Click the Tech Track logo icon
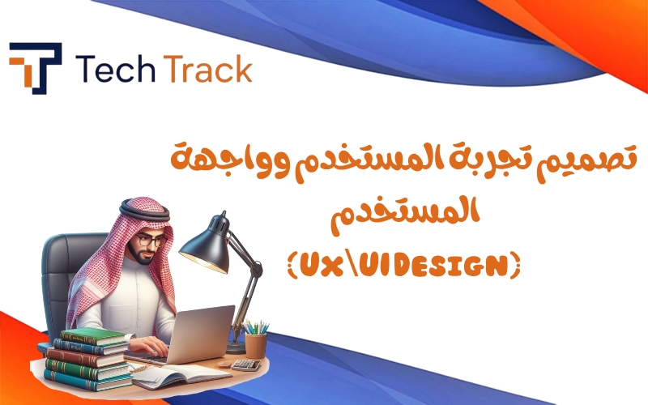click(x=36, y=68)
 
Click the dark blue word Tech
click(x=116, y=69)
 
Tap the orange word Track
click(x=208, y=69)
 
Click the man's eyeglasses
click(x=151, y=241)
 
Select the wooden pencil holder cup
click(x=255, y=346)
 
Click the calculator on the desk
click(x=246, y=364)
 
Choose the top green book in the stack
click(x=94, y=336)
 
